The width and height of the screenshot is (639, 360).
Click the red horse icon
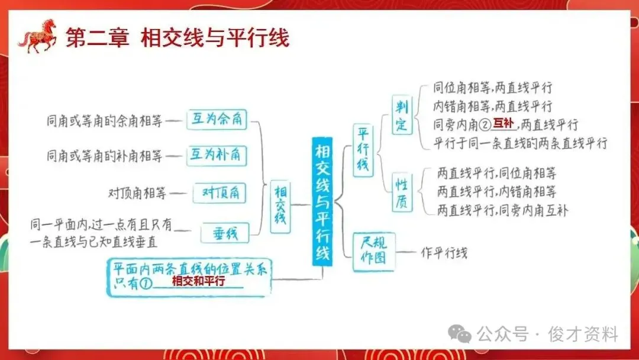coord(37,36)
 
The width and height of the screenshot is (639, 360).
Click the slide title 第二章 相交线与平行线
coord(177,39)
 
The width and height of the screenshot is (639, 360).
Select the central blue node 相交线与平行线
coord(322,201)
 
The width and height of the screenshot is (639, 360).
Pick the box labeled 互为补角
coord(217,156)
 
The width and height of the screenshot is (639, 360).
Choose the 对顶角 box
coord(220,192)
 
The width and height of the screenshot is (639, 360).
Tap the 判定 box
coord(402,115)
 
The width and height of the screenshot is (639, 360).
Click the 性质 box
coord(402,192)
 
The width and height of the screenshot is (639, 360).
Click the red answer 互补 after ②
coord(504,123)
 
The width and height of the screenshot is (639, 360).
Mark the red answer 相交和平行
coord(198,281)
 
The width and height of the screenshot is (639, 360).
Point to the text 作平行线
coord(444,253)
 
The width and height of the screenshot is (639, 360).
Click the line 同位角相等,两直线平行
coord(492,88)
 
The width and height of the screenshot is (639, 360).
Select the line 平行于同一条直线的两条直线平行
coord(520,143)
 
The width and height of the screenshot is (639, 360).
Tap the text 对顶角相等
coord(137,193)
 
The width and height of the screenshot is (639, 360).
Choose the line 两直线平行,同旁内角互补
coord(502,210)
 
